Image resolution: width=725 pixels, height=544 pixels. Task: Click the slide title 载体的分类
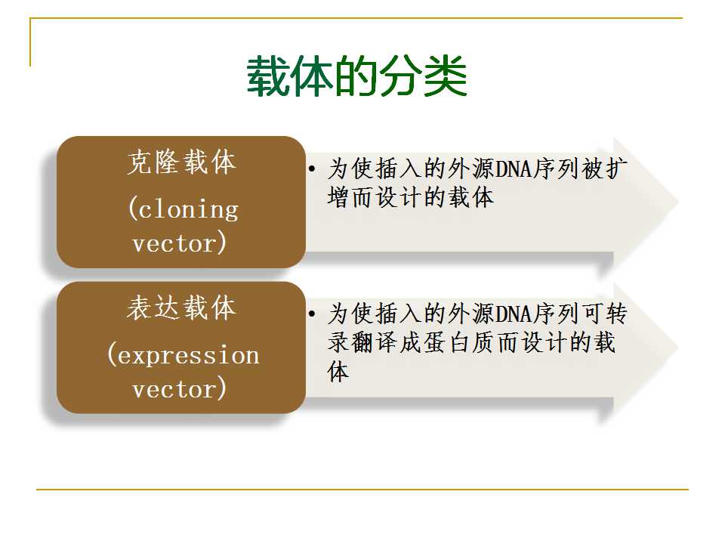click(x=356, y=77)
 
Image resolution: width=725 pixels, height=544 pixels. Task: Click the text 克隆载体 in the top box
click(x=182, y=162)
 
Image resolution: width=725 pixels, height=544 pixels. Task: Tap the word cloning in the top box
click(x=188, y=211)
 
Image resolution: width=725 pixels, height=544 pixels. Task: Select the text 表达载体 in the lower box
click(x=182, y=308)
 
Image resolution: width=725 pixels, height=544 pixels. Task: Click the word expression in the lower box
click(x=189, y=356)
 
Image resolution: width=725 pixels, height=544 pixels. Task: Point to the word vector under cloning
click(x=174, y=243)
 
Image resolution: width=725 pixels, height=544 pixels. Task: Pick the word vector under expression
click(x=174, y=389)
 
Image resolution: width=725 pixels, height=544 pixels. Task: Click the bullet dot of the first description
click(x=312, y=168)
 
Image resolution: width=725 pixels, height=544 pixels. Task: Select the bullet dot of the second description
click(x=312, y=314)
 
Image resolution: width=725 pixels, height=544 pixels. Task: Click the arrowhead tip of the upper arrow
click(x=678, y=202)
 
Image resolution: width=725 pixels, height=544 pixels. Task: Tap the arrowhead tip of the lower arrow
click(x=678, y=348)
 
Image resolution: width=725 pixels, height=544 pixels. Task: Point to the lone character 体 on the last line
click(x=338, y=372)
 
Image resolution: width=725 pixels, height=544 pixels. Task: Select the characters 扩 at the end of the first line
click(x=617, y=168)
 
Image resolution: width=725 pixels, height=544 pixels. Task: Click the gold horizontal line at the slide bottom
click(x=362, y=489)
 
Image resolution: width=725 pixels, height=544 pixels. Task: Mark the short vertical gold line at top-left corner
click(x=30, y=42)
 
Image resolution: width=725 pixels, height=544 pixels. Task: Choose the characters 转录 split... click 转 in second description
click(x=617, y=314)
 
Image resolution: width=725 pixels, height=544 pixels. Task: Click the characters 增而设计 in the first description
click(x=375, y=197)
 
